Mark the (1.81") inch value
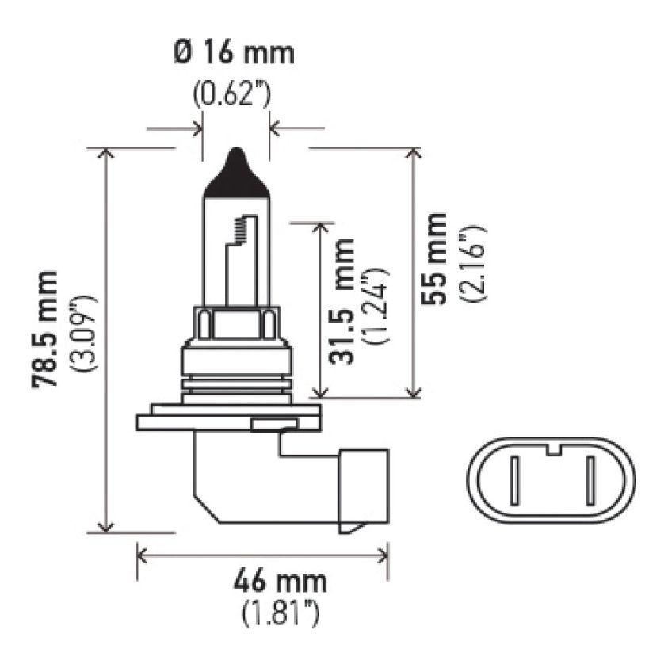pos(281,613)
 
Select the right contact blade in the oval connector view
pos(590,481)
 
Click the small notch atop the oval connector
pos(552,452)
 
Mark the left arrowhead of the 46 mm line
pos(143,553)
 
